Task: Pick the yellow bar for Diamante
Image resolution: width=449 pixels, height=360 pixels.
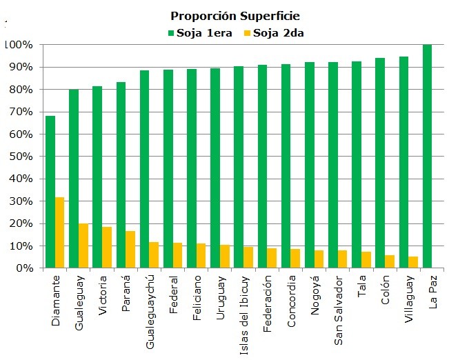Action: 60,232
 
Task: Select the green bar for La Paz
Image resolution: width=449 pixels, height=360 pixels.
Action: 427,156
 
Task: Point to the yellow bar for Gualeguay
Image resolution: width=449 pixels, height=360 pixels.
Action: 83,246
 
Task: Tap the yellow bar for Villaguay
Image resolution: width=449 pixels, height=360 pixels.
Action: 413,262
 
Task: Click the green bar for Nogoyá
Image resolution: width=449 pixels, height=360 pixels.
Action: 310,165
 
